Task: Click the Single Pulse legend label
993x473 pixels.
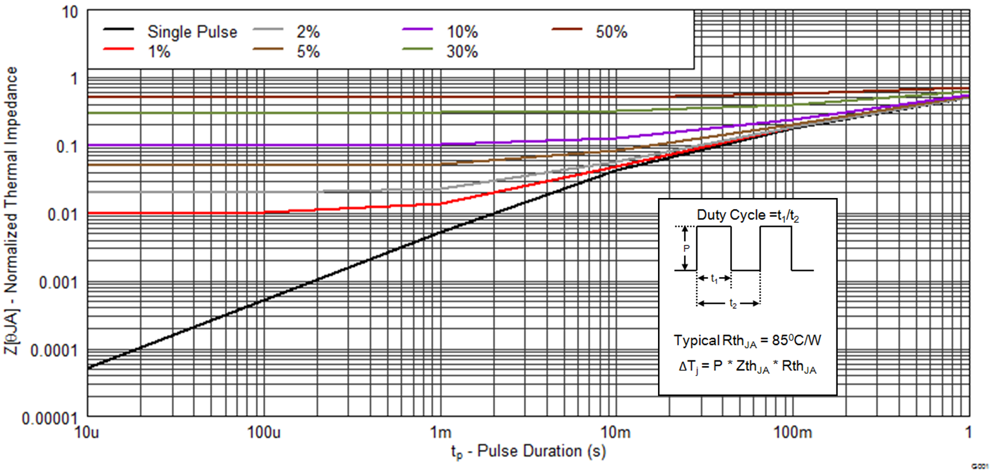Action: click(192, 32)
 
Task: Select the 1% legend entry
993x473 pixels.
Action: click(159, 52)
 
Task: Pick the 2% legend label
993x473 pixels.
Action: click(308, 32)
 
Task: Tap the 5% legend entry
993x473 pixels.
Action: click(308, 52)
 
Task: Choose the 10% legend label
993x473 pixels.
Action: click(462, 32)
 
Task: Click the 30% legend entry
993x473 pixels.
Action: click(462, 52)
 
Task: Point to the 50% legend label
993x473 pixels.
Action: click(611, 32)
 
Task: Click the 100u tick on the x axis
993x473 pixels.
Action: click(264, 432)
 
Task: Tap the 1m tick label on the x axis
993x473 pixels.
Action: click(440, 432)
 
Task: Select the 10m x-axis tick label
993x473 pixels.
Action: click(615, 432)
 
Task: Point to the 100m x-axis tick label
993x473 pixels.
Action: click(792, 432)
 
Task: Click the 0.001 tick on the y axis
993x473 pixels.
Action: click(58, 283)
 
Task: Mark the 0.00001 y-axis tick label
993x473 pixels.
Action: click(49, 418)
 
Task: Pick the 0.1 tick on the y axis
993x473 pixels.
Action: click(66, 147)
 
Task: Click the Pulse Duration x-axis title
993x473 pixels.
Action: click(528, 451)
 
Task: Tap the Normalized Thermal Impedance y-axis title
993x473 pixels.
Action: click(11, 210)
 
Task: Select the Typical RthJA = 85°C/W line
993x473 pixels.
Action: click(747, 341)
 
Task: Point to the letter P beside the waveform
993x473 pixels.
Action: click(686, 248)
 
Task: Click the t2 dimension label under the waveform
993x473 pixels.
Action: click(733, 303)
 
